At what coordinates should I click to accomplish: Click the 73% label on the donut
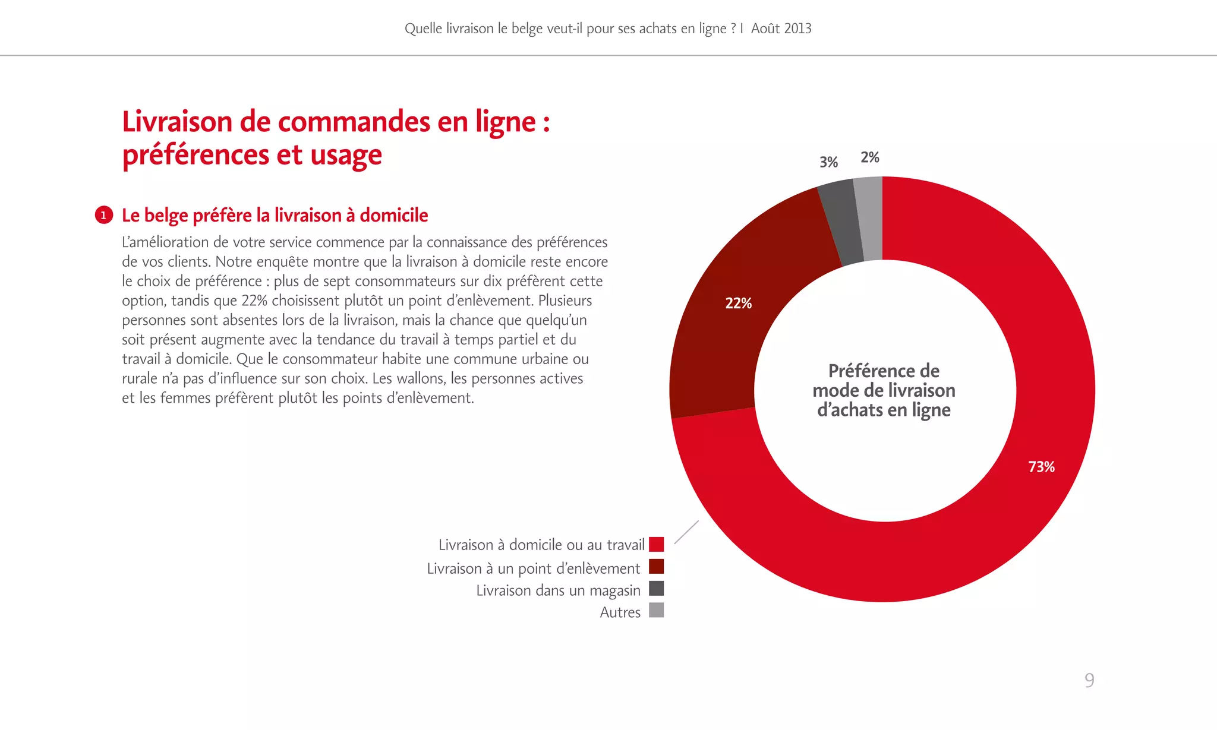coord(1041,467)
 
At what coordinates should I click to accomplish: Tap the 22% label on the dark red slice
coord(738,304)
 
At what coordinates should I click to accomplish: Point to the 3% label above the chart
coord(828,162)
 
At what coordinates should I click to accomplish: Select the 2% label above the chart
coord(869,157)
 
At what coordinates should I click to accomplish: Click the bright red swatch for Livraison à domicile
coord(656,544)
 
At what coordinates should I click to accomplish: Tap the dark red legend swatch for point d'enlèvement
coord(656,567)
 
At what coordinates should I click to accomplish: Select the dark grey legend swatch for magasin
coord(656,589)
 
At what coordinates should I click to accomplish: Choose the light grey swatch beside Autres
coord(656,611)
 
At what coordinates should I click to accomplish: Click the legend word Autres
coord(620,612)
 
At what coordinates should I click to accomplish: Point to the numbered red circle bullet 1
coord(103,215)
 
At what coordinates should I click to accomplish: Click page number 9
coord(1089,680)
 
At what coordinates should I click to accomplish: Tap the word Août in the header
coord(765,29)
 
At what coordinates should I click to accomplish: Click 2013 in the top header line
coord(797,29)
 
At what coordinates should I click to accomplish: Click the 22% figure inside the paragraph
coord(254,301)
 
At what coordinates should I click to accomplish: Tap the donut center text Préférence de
coord(884,371)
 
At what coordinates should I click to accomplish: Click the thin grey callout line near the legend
coord(686,532)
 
